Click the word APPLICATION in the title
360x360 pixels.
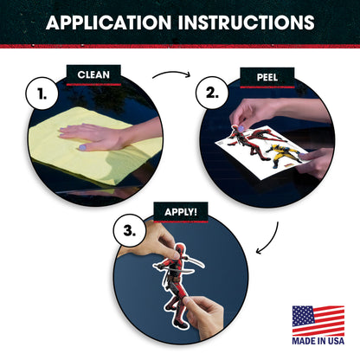coord(108,22)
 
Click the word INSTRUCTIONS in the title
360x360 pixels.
coord(246,22)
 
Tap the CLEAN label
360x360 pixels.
coord(93,75)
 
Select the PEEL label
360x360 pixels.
coord(267,77)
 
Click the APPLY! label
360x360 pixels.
coord(181,212)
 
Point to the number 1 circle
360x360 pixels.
coord(42,93)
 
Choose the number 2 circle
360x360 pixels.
coord(212,93)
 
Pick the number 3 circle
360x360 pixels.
coord(130,230)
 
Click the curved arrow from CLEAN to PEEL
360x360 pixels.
coord(172,73)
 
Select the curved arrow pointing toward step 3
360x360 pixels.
coord(273,241)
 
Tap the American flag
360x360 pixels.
coord(318,320)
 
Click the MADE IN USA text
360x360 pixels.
coord(318,341)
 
